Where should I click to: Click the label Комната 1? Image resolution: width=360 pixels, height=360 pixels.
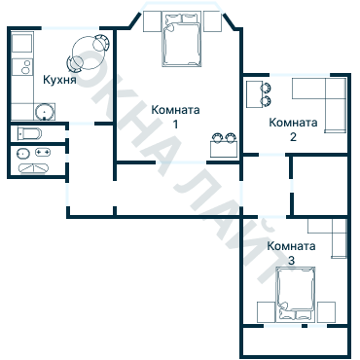[176, 117]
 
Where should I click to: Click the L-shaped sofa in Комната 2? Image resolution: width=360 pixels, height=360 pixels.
[325, 102]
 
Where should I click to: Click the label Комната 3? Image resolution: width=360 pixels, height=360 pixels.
[291, 254]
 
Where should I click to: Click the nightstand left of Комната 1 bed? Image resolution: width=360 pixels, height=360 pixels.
[152, 21]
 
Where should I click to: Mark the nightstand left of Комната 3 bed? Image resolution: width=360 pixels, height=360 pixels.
[265, 311]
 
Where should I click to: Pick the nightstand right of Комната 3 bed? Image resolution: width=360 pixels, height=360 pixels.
[325, 311]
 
